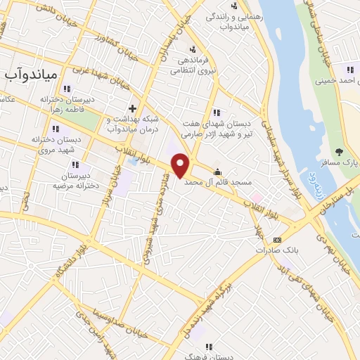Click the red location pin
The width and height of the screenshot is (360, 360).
181,165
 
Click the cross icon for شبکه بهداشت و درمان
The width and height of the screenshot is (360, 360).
132,109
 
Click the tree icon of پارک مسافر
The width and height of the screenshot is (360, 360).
338,152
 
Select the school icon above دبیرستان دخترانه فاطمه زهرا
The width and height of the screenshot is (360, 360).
67,89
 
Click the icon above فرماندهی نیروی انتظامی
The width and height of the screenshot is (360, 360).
193,49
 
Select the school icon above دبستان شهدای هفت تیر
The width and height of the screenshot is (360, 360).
216,112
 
